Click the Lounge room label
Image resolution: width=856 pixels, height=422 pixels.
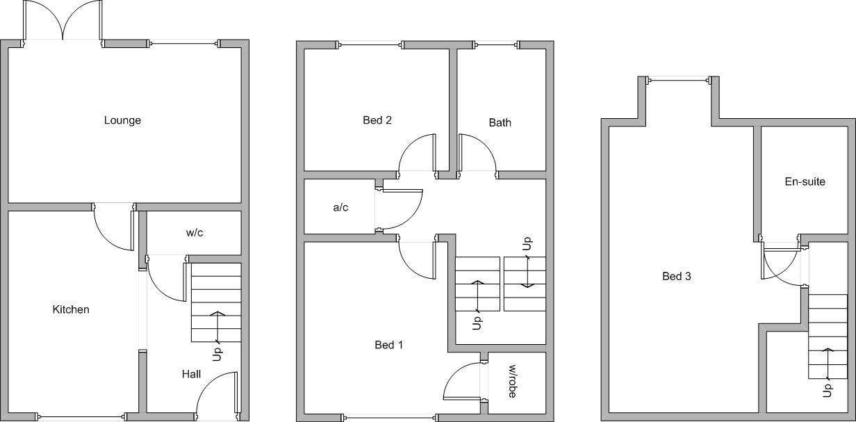[122, 120]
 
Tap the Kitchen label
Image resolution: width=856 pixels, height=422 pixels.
[71, 309]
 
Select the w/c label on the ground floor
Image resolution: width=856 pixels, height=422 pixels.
[195, 233]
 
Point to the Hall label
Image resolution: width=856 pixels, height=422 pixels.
[191, 374]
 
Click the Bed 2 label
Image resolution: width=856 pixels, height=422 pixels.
[377, 120]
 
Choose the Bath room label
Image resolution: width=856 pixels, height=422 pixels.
[500, 123]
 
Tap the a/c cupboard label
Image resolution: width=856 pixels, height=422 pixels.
[340, 207]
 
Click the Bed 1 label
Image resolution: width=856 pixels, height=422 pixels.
[388, 345]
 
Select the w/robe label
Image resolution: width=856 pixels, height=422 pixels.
[513, 382]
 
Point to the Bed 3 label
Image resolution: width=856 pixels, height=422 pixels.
[676, 276]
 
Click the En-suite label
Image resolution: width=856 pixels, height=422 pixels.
[805, 182]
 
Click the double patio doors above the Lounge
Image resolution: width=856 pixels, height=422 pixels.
[63, 21]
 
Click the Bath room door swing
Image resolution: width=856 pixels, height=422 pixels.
[476, 153]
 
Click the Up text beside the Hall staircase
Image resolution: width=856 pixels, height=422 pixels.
[217, 353]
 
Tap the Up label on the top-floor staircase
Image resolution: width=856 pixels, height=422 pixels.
[827, 390]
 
